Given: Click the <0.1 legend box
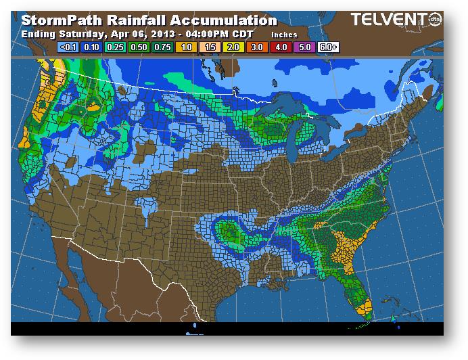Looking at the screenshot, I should pyautogui.click(x=69, y=47).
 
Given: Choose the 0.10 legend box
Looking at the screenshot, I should pyautogui.click(x=92, y=47).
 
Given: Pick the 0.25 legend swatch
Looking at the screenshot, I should pyautogui.click(x=115, y=47).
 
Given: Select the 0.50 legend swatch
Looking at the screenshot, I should pyautogui.click(x=138, y=47).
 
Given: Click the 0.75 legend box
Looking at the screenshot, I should pyautogui.click(x=161, y=47).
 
